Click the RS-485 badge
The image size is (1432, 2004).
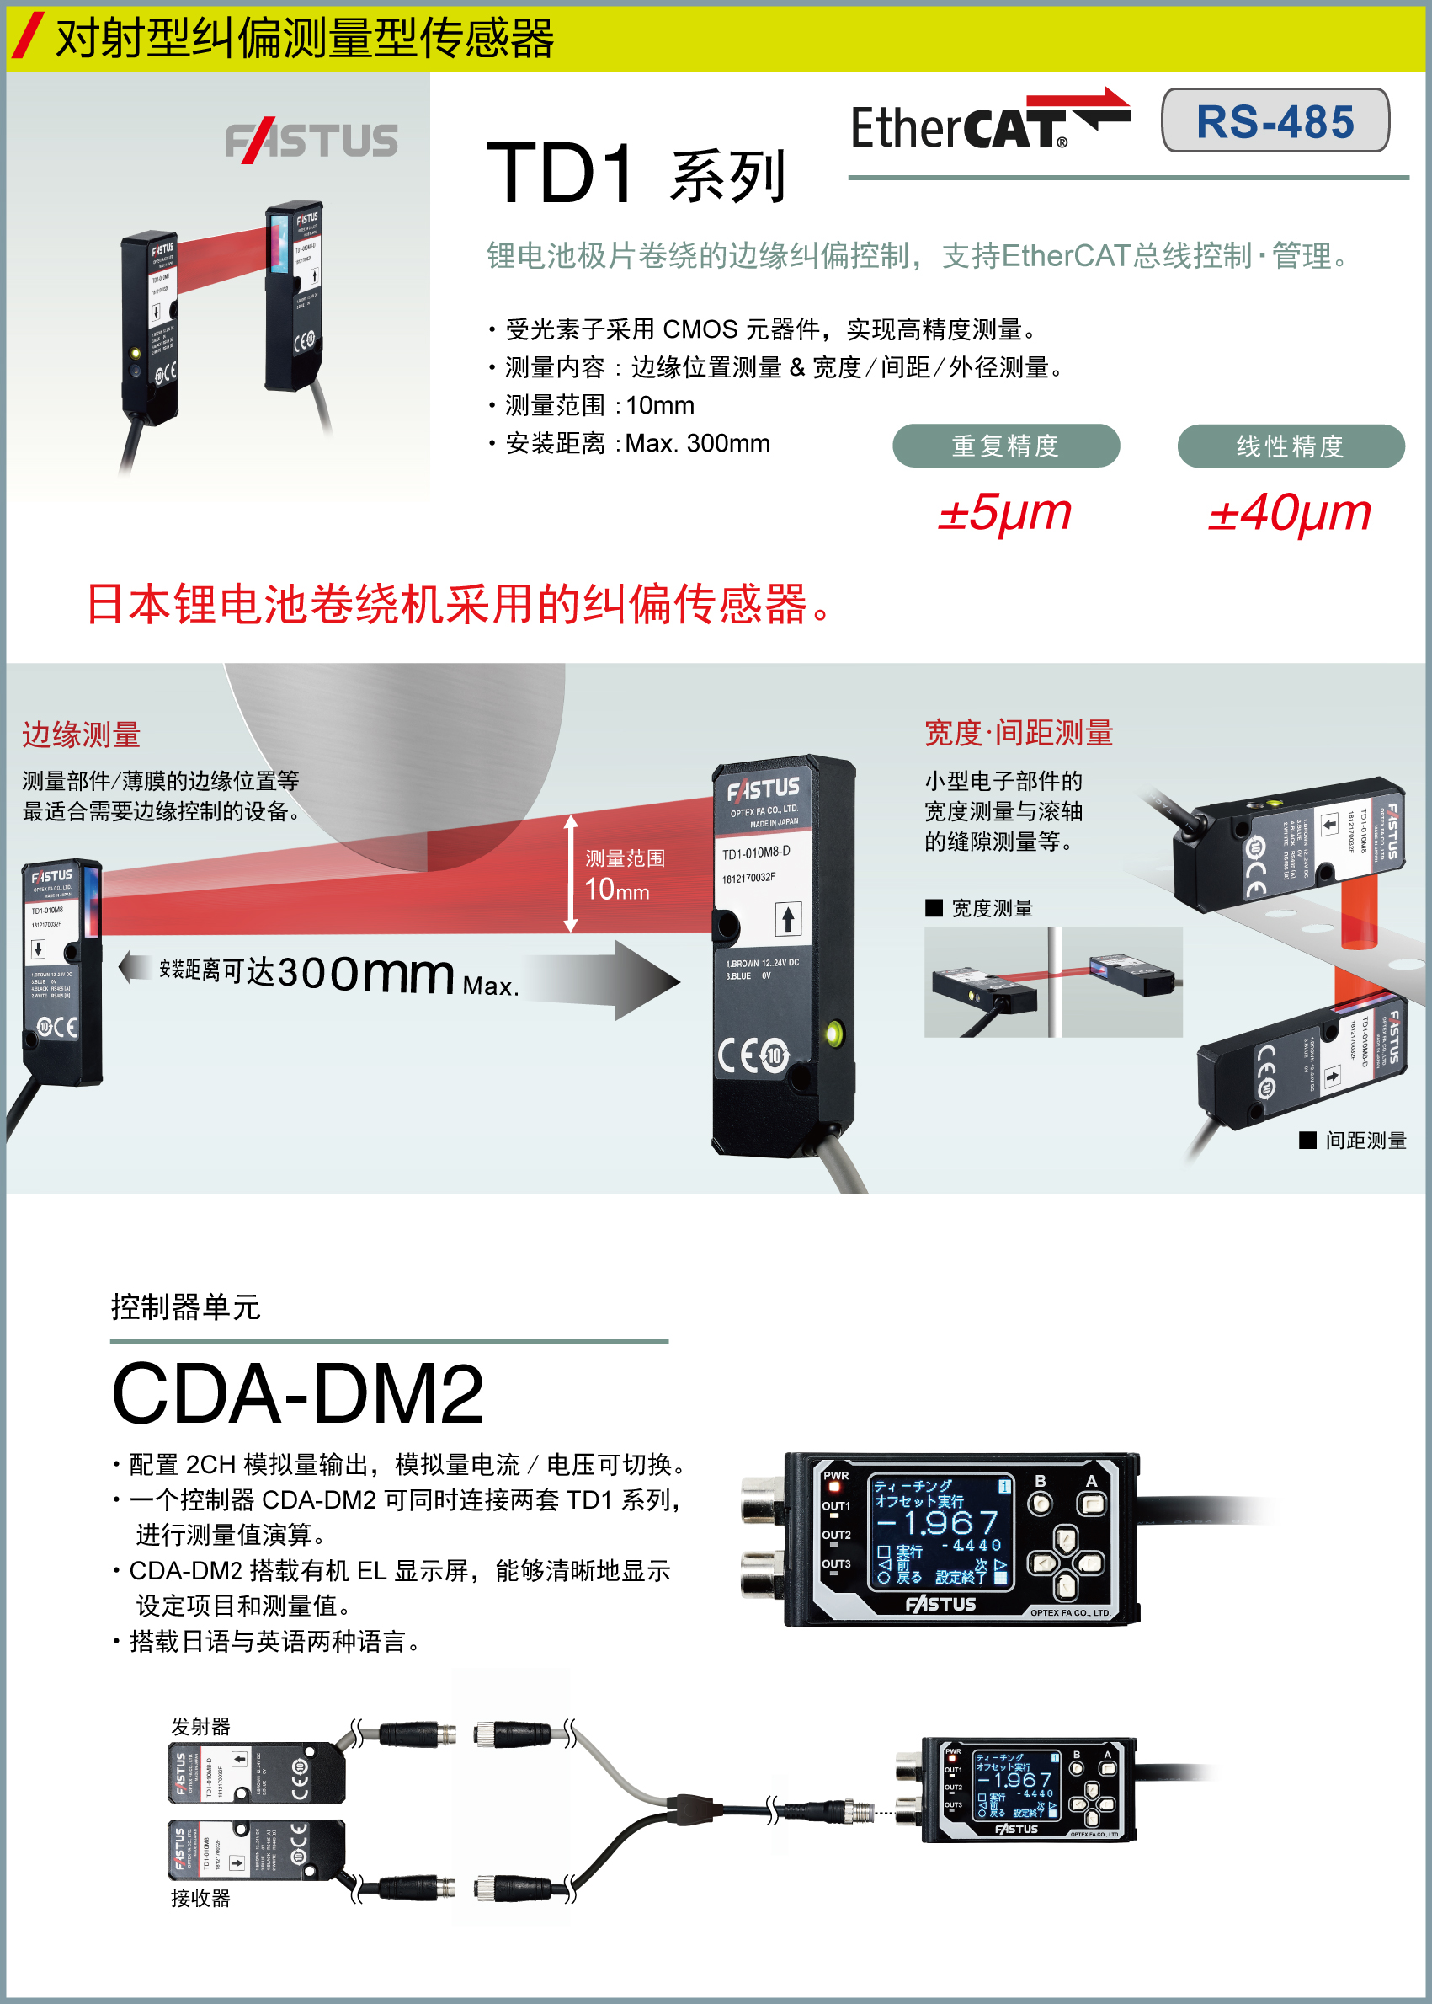click(x=1275, y=120)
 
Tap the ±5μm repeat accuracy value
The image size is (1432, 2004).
click(x=1004, y=512)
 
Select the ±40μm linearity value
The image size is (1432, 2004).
click(x=1289, y=512)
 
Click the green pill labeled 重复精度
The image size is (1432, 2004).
click(x=1005, y=446)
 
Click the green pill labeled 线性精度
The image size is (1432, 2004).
click(x=1290, y=446)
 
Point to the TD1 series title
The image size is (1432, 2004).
click(x=635, y=174)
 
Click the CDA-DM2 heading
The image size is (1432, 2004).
click(x=298, y=1394)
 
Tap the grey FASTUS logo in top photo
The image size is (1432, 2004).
click(x=311, y=142)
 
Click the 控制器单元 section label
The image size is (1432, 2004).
click(x=185, y=1307)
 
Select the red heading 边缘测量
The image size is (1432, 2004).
click(x=81, y=734)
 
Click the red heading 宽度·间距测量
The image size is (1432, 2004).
click(x=1019, y=733)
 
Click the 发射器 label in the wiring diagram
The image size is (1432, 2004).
click(x=200, y=1726)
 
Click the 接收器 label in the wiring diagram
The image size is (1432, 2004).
click(x=200, y=1898)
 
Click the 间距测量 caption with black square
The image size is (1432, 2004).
click(x=1354, y=1141)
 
